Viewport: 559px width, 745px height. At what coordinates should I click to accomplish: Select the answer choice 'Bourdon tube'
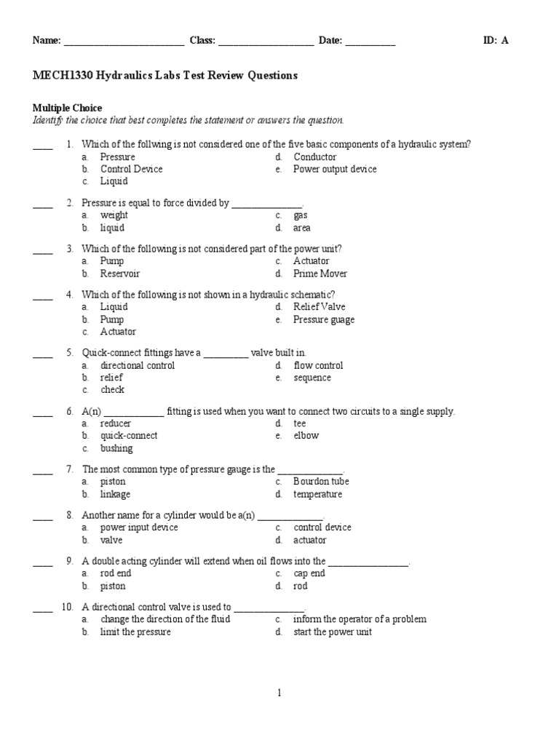321,482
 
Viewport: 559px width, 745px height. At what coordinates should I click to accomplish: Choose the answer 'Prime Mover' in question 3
320,274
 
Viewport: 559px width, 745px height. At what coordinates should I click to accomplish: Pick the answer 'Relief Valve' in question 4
320,307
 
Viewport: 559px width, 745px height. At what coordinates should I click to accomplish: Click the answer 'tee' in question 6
300,423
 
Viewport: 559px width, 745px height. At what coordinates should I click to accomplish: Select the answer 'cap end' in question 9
309,573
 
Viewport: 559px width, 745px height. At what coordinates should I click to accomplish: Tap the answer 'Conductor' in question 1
315,157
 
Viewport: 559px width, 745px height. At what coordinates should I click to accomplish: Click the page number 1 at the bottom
279,693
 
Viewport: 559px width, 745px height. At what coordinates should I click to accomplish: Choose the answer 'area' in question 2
302,228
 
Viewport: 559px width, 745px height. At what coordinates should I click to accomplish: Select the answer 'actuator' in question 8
310,540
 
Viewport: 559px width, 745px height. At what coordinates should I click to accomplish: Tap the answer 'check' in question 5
112,390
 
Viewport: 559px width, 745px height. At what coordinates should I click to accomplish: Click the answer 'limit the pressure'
135,632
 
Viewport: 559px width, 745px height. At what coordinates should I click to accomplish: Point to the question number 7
70,469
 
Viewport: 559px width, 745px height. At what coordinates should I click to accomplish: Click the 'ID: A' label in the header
496,41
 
